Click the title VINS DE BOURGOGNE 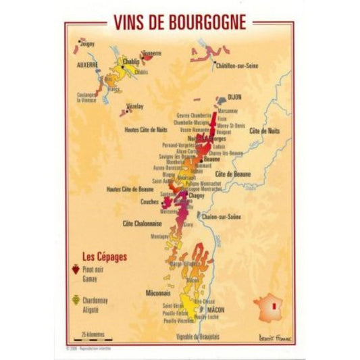(x=179, y=23)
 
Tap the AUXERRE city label (x=86, y=65)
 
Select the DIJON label (x=235, y=97)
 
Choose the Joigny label (x=87, y=44)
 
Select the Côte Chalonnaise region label (x=140, y=224)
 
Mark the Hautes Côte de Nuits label (x=146, y=128)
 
